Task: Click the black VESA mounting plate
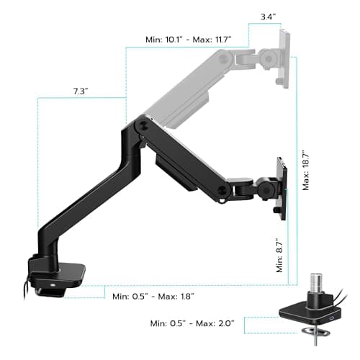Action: tap(282, 187)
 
